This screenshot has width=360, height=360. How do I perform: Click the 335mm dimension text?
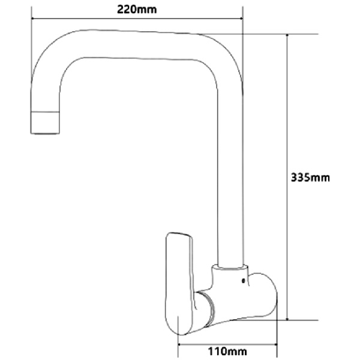click(x=310, y=178)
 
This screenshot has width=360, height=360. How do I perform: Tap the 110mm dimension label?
click(x=229, y=350)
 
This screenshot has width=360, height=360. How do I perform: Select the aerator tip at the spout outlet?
click(x=46, y=122)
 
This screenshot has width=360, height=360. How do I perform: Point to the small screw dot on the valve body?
click(x=242, y=280)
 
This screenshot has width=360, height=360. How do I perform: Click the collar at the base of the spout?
click(x=232, y=266)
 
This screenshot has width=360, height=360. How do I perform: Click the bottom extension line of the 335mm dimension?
click(x=300, y=320)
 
